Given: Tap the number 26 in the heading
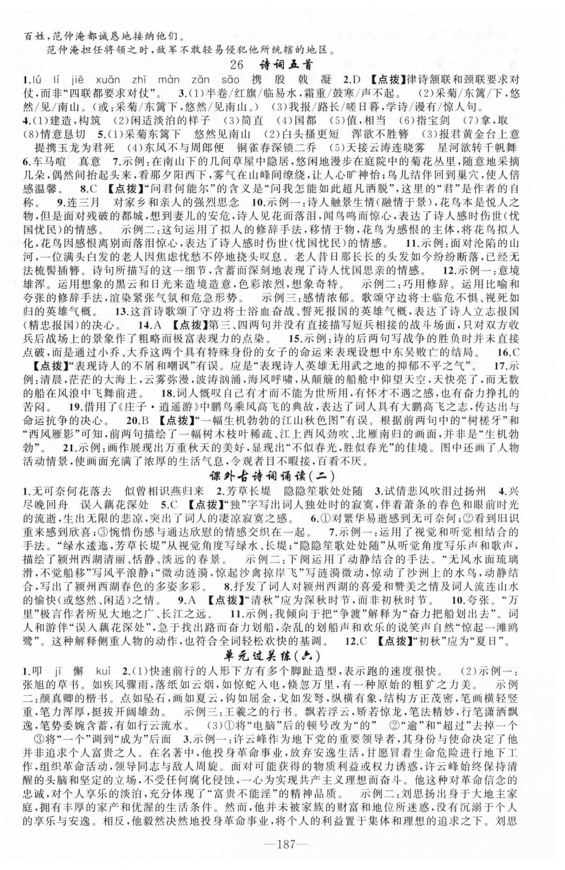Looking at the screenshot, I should [237, 64].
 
